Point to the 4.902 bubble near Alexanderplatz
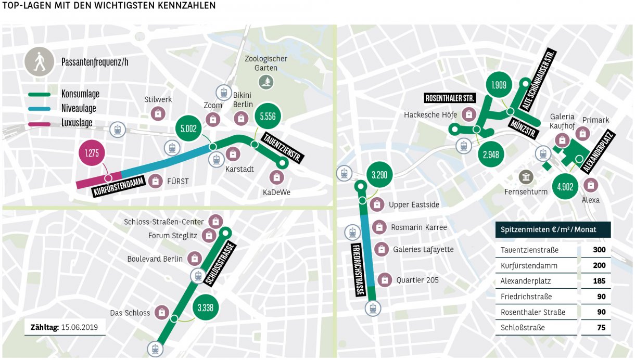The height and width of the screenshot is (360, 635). [x=565, y=187]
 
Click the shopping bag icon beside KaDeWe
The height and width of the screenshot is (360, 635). [x=277, y=177]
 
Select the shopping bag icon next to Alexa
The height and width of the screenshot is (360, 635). [x=591, y=185]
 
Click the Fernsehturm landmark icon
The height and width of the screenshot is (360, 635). [x=526, y=177]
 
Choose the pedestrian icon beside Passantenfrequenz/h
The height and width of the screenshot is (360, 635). [x=39, y=62]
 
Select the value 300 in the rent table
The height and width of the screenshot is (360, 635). [x=599, y=250]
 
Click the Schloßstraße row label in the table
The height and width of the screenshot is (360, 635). [x=522, y=328]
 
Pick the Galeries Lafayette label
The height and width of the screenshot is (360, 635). [x=423, y=250]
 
